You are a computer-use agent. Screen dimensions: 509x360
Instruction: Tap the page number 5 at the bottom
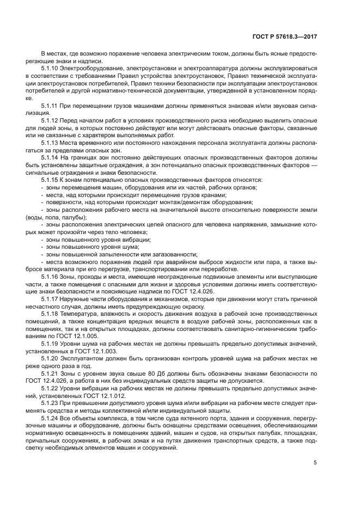tap(315, 463)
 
